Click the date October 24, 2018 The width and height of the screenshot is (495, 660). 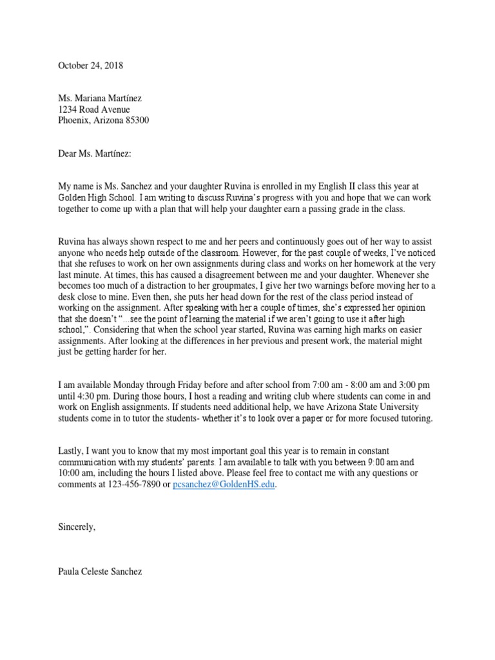(x=90, y=65)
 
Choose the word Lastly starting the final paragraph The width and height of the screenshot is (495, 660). (x=71, y=451)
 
